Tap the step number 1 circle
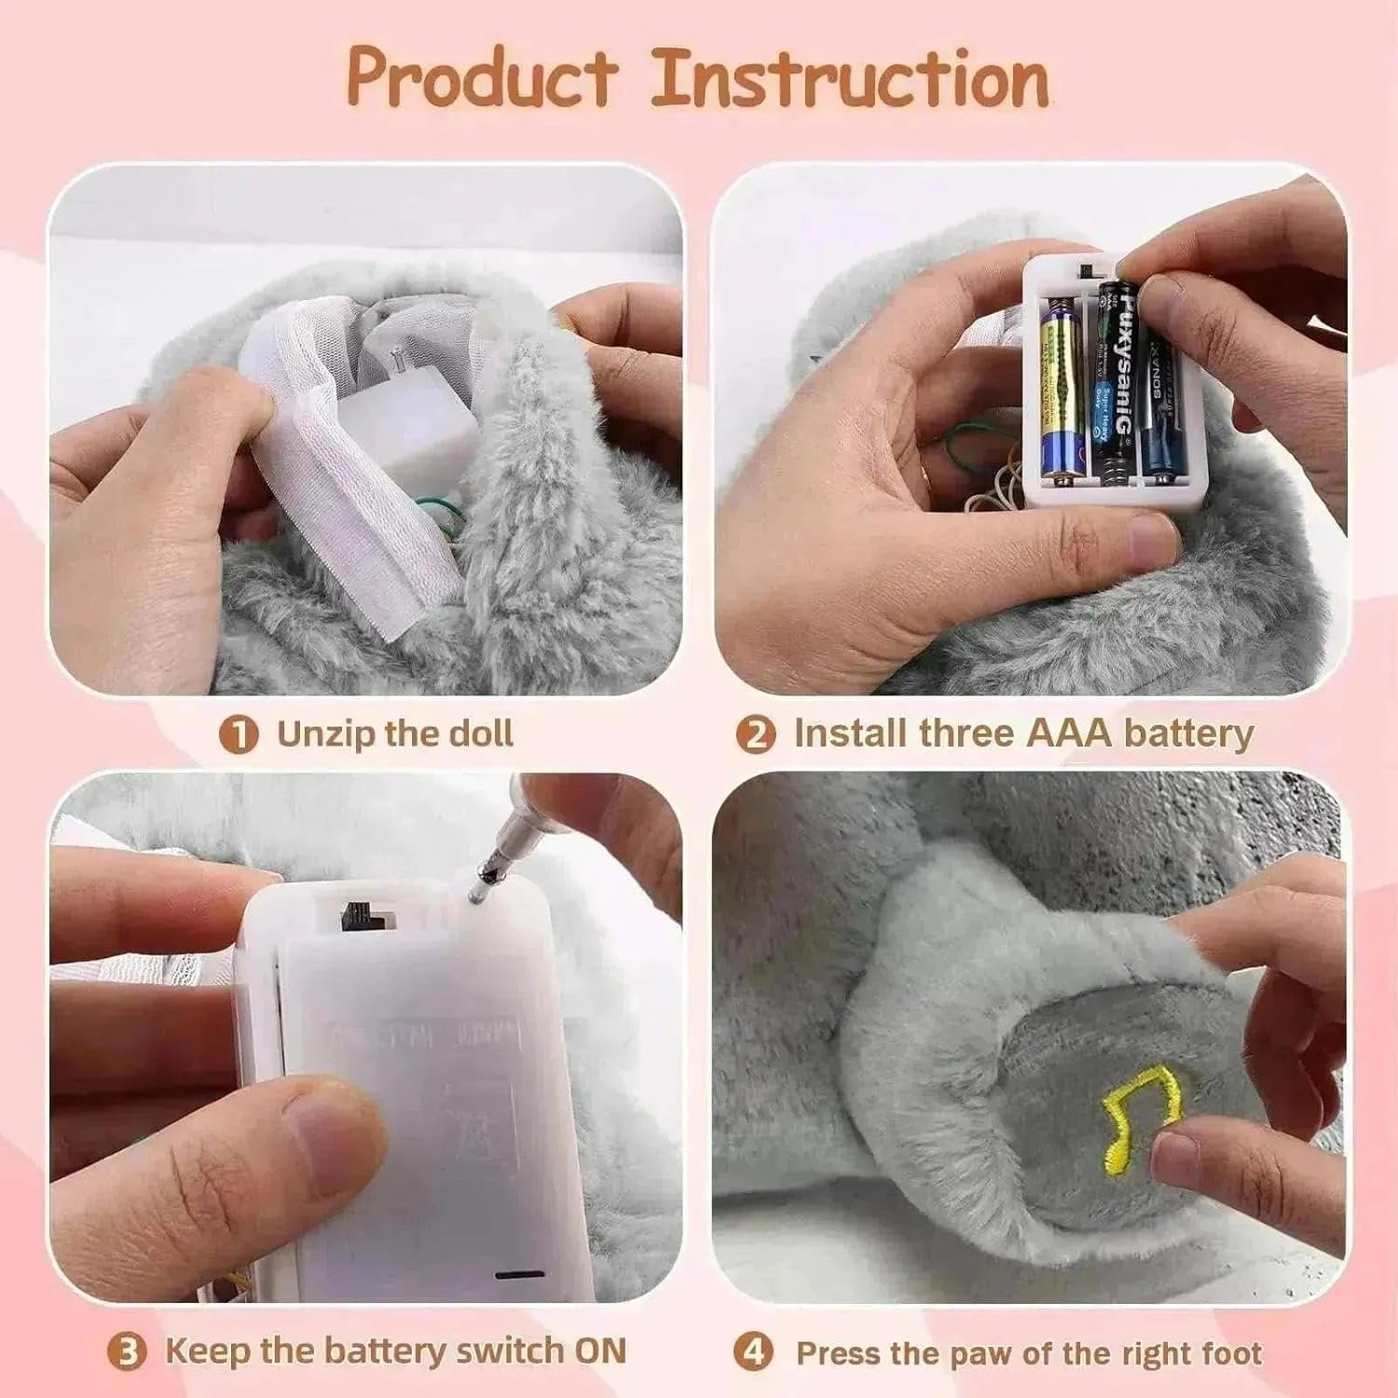click(239, 735)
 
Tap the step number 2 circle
click(755, 735)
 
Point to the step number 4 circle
click(753, 1352)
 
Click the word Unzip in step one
click(325, 734)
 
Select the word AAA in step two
click(1069, 734)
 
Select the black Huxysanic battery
click(1115, 382)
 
